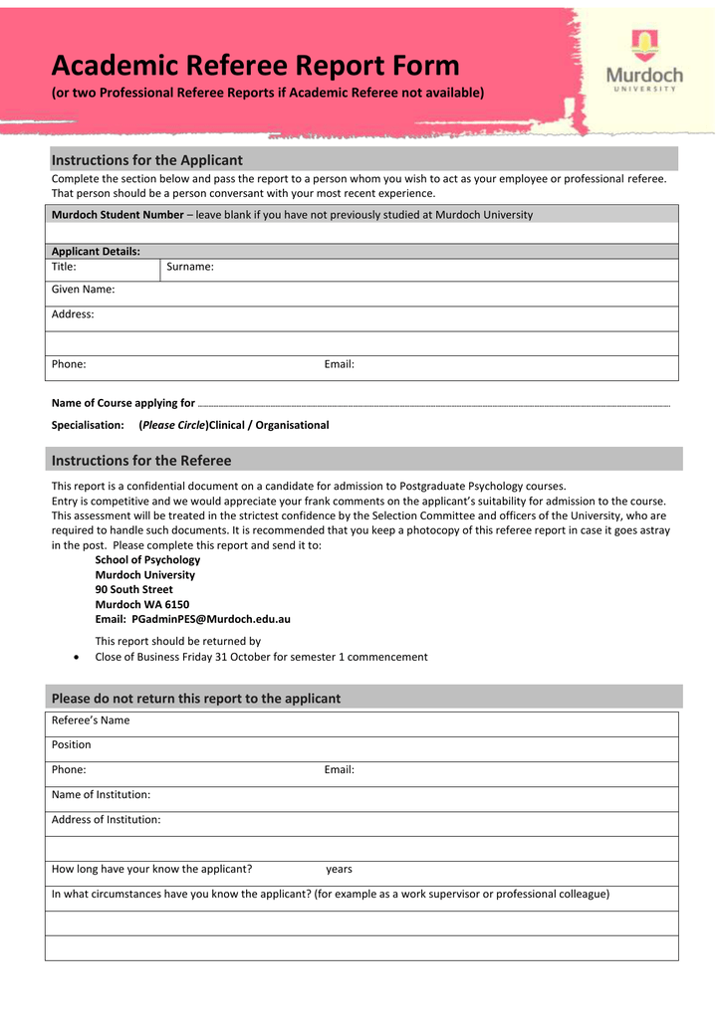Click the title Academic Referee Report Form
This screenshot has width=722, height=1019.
pos(255,66)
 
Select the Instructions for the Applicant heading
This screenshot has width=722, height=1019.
pos(146,160)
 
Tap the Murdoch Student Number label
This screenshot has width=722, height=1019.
pos(117,215)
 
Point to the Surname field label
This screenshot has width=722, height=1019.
pos(189,267)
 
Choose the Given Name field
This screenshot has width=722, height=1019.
pos(83,290)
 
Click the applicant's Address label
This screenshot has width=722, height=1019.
pos(73,314)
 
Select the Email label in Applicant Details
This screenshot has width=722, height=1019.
pos(339,364)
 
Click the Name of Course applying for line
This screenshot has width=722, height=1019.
pos(433,404)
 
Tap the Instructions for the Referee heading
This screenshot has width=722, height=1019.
pos(140,461)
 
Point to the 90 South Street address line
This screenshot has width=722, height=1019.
pos(133,589)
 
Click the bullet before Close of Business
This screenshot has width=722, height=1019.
pos(78,658)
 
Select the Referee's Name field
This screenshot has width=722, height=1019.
pos(90,720)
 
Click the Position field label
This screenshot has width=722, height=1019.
pos(71,745)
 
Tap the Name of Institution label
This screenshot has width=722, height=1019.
pos(101,795)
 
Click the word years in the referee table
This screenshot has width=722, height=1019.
pos(339,869)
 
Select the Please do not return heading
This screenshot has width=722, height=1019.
pos(195,699)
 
